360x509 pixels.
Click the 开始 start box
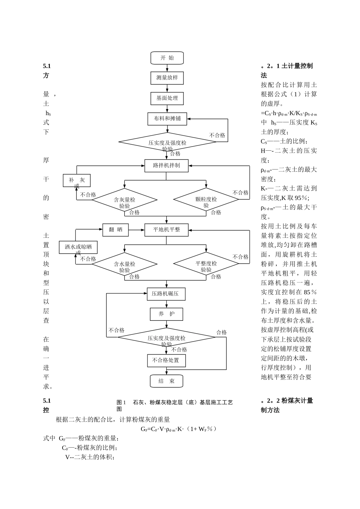(167, 58)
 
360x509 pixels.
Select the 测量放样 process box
(167, 78)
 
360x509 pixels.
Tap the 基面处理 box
(167, 98)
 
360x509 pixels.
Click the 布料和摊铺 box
(167, 119)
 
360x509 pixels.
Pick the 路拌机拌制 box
(166, 166)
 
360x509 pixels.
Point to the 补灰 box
(77, 181)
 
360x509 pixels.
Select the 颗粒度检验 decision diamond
(206, 200)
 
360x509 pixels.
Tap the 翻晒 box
(116, 230)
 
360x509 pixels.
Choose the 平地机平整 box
(166, 230)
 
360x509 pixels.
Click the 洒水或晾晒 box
(78, 247)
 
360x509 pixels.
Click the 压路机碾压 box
(166, 294)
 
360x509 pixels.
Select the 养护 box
(166, 314)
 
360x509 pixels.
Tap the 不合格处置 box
(166, 360)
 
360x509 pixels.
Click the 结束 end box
(166, 381)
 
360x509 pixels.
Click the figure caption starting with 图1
(175, 405)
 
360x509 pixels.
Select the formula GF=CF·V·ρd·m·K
(178, 429)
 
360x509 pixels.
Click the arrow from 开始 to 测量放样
(167, 68)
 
